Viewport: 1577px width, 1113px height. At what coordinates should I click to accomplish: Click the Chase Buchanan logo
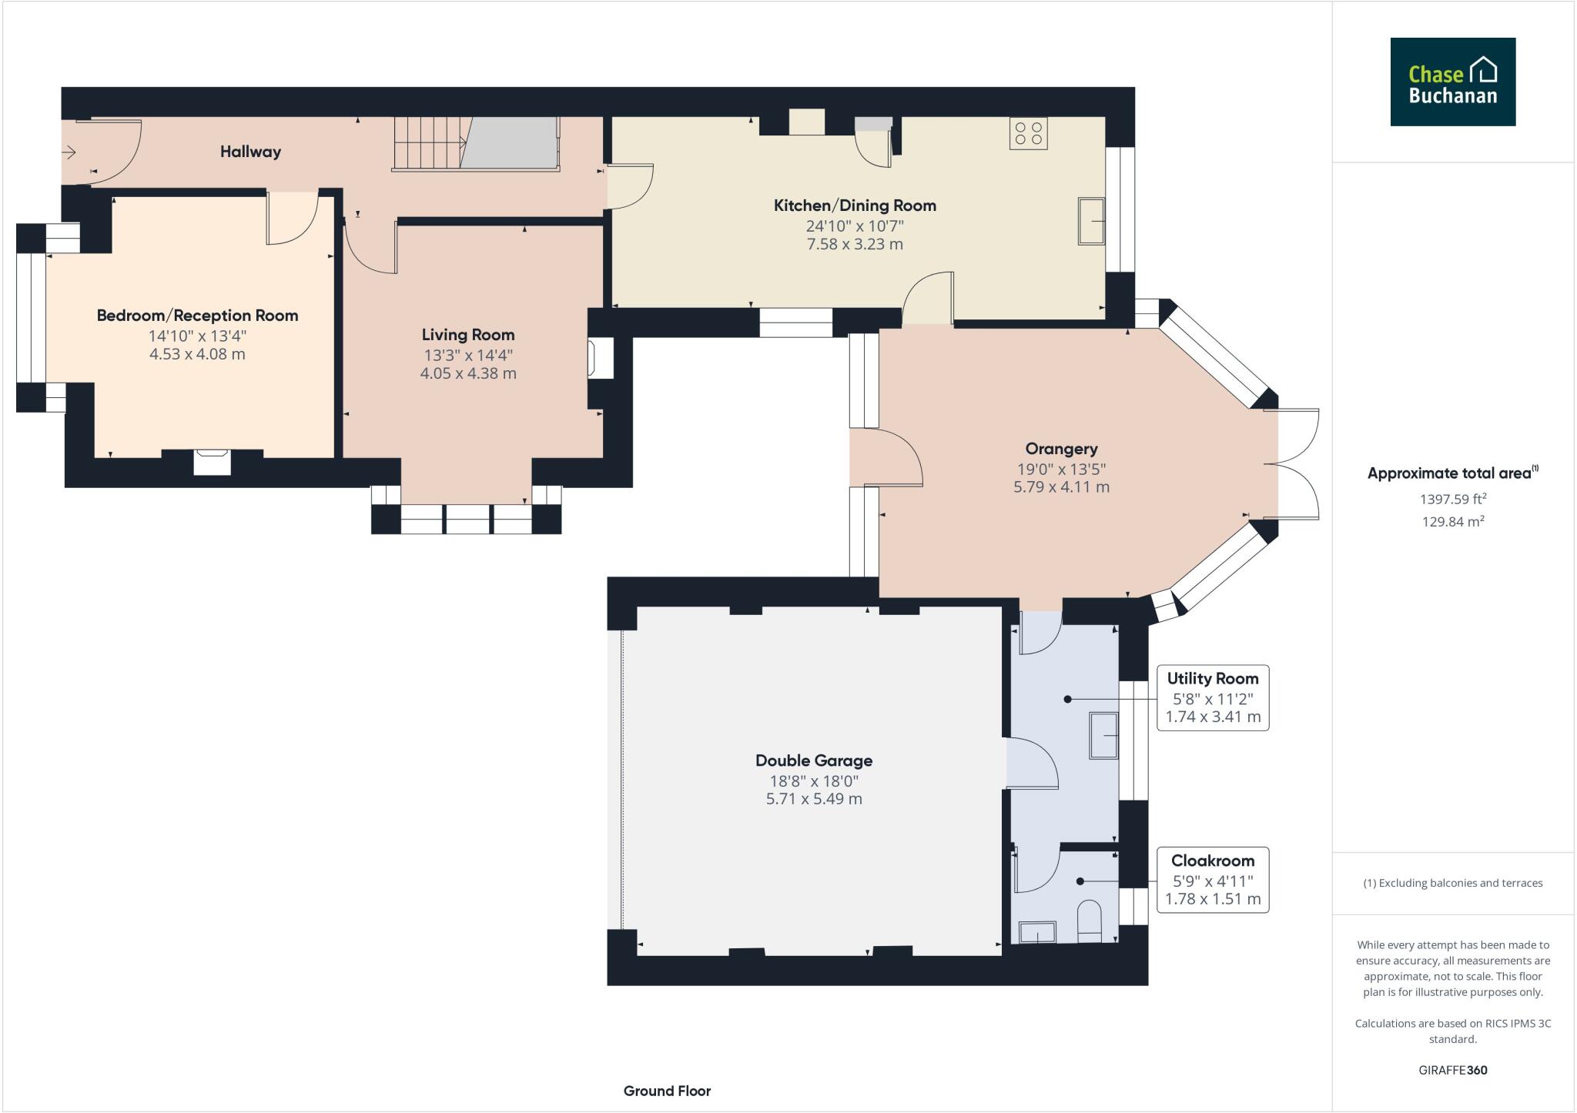pos(1452,82)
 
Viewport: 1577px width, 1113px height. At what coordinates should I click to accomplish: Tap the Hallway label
pos(250,152)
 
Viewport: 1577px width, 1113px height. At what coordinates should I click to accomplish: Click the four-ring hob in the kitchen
pos(1029,133)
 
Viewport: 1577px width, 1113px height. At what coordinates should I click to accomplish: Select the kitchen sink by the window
pos(1090,222)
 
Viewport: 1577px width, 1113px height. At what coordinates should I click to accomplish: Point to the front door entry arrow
pos(69,152)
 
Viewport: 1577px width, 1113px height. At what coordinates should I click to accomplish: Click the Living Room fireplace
pos(600,358)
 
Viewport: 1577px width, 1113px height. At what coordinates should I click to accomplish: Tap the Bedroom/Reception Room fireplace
pos(212,463)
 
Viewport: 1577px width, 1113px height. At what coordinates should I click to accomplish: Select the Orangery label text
pos(1061,449)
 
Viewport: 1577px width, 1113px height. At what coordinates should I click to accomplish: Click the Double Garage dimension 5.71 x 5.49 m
pos(814,799)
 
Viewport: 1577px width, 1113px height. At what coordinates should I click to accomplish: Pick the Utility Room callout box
pos(1213,697)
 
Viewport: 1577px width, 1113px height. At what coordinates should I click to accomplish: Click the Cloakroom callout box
pos(1213,880)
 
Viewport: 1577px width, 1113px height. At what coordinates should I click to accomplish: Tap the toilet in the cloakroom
pos(1090,921)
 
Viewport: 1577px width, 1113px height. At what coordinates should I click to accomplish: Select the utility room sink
pos(1103,735)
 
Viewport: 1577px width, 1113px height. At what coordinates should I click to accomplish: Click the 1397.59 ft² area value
pos(1452,499)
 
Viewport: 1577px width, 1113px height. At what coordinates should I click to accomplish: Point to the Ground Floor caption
pos(667,1091)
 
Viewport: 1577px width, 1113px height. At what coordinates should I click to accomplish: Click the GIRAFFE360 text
pos(1452,1070)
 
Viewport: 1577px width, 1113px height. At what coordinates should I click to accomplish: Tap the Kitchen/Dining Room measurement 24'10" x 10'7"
pos(855,226)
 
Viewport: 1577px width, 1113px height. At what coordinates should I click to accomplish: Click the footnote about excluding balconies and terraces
pos(1452,883)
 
